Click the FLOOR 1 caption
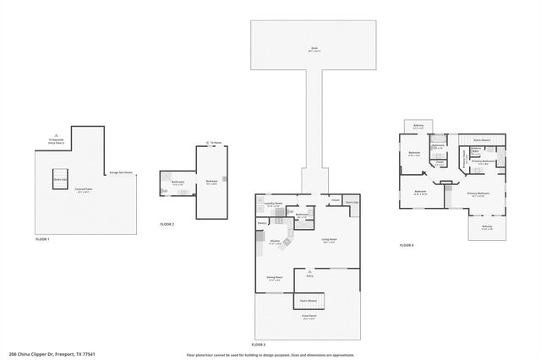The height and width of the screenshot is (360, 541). click(42, 239)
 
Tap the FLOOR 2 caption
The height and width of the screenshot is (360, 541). click(167, 224)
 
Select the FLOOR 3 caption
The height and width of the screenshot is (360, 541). click(259, 345)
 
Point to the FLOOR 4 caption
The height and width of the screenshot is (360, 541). click(407, 245)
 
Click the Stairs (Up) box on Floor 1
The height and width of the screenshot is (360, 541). click(60, 180)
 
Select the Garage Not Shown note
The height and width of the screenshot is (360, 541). click(122, 172)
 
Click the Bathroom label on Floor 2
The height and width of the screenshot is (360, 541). click(178, 183)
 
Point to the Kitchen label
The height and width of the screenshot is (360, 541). click(275, 243)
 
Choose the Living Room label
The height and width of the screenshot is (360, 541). click(328, 241)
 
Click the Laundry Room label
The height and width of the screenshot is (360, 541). click(273, 204)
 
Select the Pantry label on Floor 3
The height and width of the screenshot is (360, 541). click(262, 223)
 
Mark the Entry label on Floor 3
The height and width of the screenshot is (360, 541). click(309, 275)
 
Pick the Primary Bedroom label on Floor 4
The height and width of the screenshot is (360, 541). click(478, 194)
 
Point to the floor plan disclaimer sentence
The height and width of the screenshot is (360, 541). click(270, 354)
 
